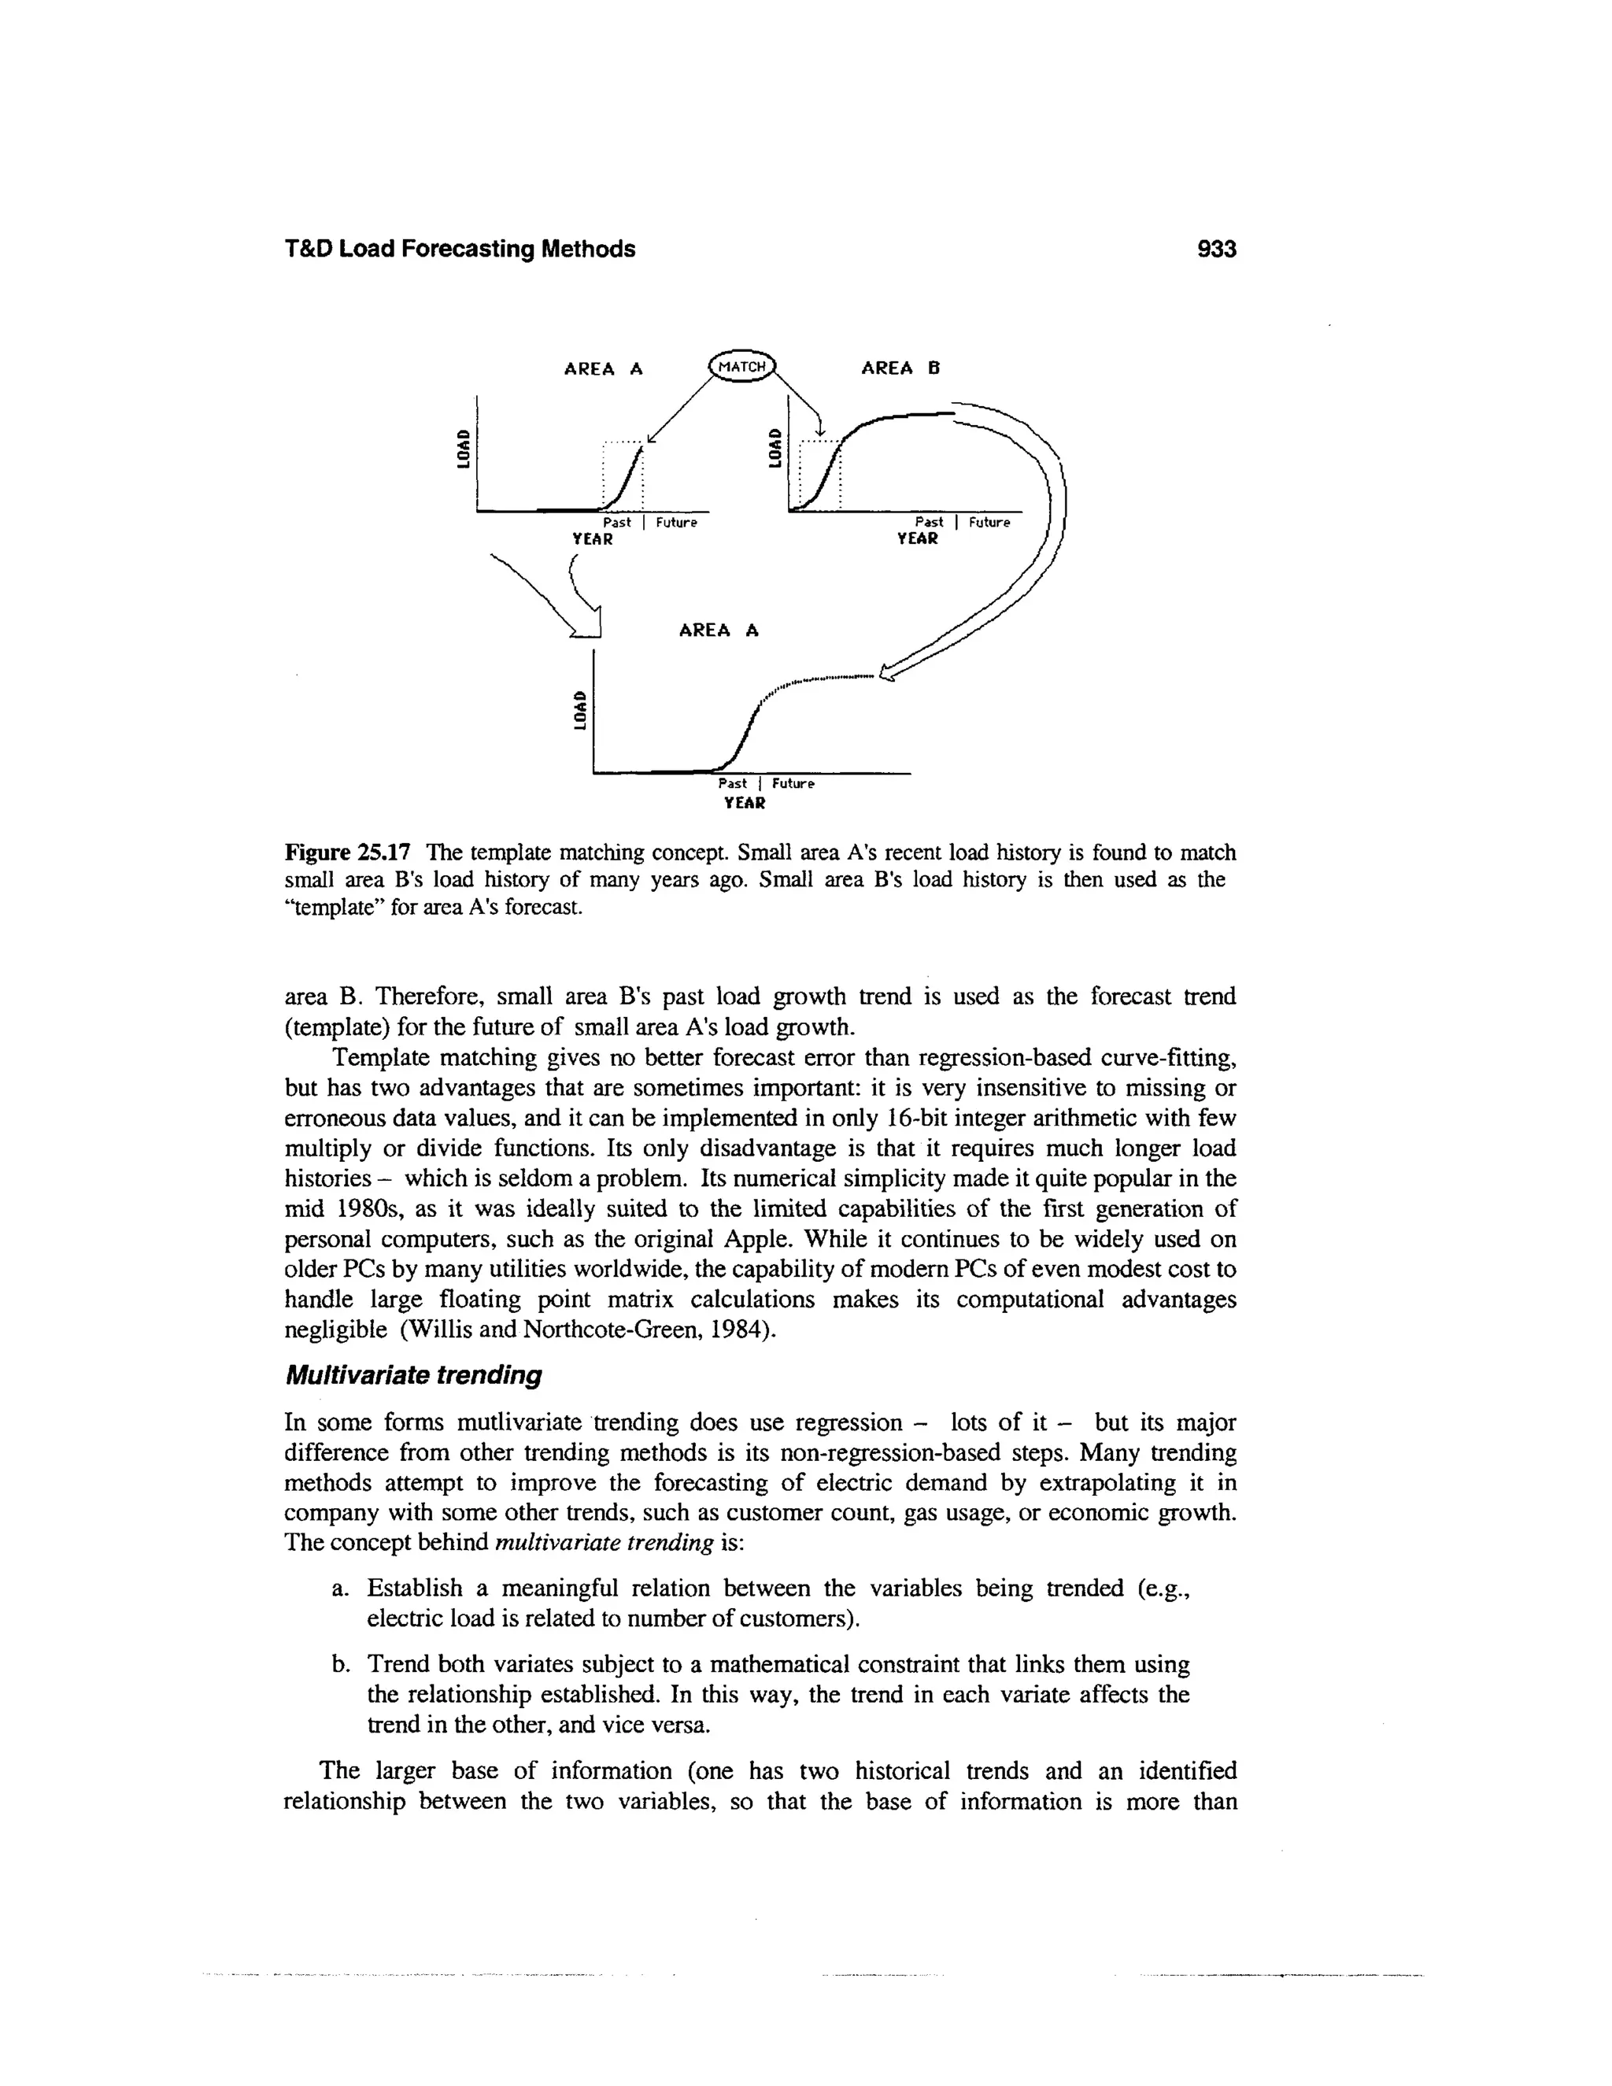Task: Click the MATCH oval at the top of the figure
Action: [743, 367]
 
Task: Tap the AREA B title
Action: [900, 368]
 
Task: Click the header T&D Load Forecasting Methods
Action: [460, 250]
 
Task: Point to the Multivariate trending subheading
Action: [413, 1375]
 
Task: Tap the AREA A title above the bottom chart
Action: [718, 631]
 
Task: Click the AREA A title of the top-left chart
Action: [604, 368]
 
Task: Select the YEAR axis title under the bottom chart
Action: [745, 803]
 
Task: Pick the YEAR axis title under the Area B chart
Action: [918, 538]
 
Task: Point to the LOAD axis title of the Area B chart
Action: [775, 447]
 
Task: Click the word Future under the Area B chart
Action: [989, 523]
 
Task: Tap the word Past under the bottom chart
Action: [734, 783]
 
